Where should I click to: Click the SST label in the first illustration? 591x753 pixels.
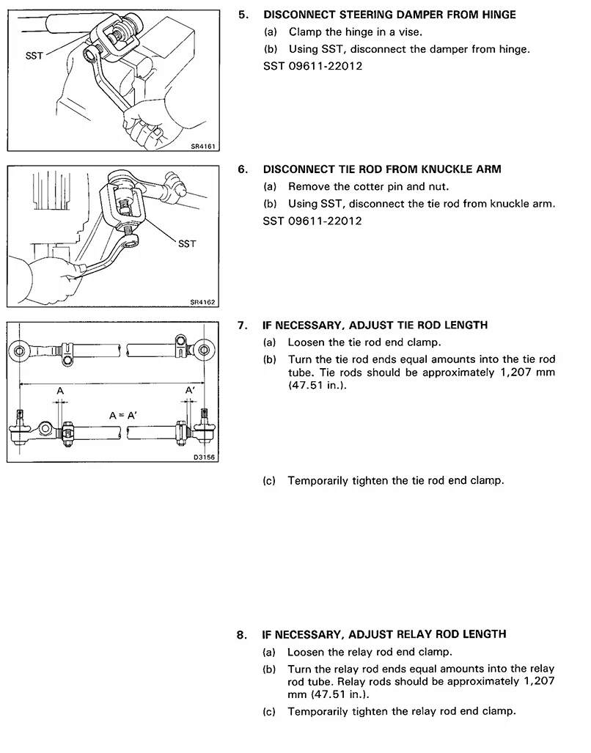[34, 55]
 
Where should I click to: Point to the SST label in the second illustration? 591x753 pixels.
[187, 243]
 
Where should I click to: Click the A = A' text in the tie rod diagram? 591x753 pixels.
[124, 415]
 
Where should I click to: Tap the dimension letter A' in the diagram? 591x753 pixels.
[190, 390]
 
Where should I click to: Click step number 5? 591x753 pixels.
[243, 15]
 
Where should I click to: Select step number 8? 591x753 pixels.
[243, 634]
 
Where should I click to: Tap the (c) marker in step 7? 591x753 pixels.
[269, 481]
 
